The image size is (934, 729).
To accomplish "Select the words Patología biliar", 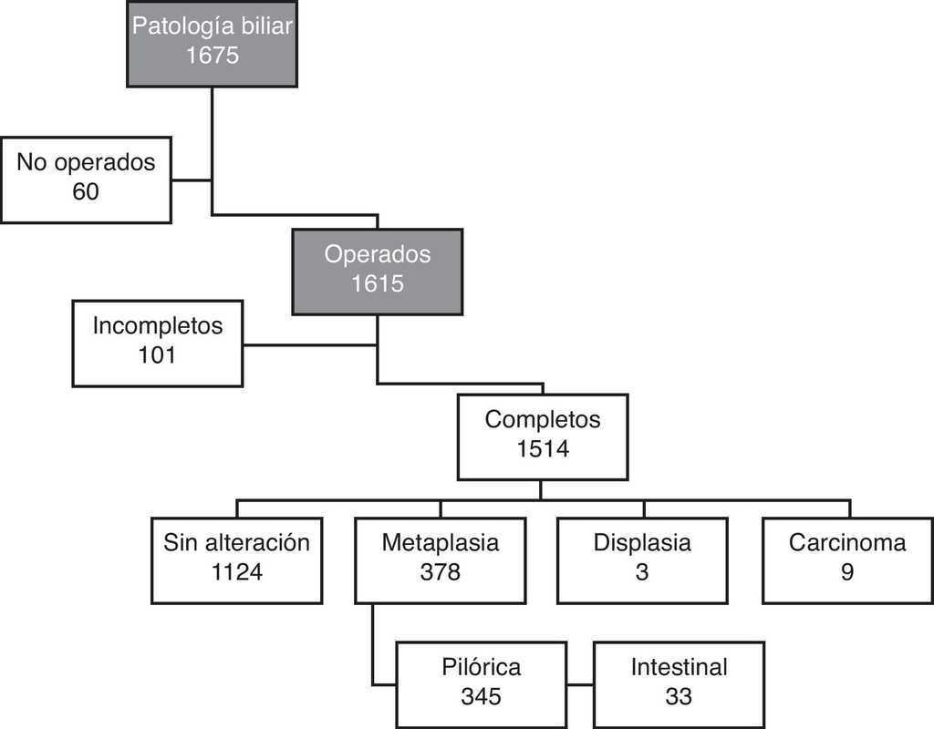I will tap(212, 26).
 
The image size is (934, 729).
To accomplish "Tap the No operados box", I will tap(86, 180).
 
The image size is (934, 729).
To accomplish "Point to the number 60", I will tap(86, 192).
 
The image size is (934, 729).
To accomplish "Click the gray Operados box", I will tap(377, 270).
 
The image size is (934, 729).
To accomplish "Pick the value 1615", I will tap(377, 283).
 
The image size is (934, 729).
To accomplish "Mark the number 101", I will tap(157, 354).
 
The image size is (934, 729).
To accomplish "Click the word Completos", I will tap(543, 419).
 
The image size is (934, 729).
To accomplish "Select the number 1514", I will tap(543, 449).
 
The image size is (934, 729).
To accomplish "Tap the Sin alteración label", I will tap(237, 543).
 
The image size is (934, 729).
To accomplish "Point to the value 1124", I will tap(237, 573).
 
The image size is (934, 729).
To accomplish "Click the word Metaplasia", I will tap(441, 543).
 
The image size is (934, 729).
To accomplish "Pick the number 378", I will tap(441, 573).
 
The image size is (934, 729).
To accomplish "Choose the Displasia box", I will tap(642, 560).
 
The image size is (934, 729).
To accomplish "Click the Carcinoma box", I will tap(847, 560).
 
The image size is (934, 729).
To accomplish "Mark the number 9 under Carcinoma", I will tap(847, 573).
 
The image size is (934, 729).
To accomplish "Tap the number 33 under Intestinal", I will tap(679, 697).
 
